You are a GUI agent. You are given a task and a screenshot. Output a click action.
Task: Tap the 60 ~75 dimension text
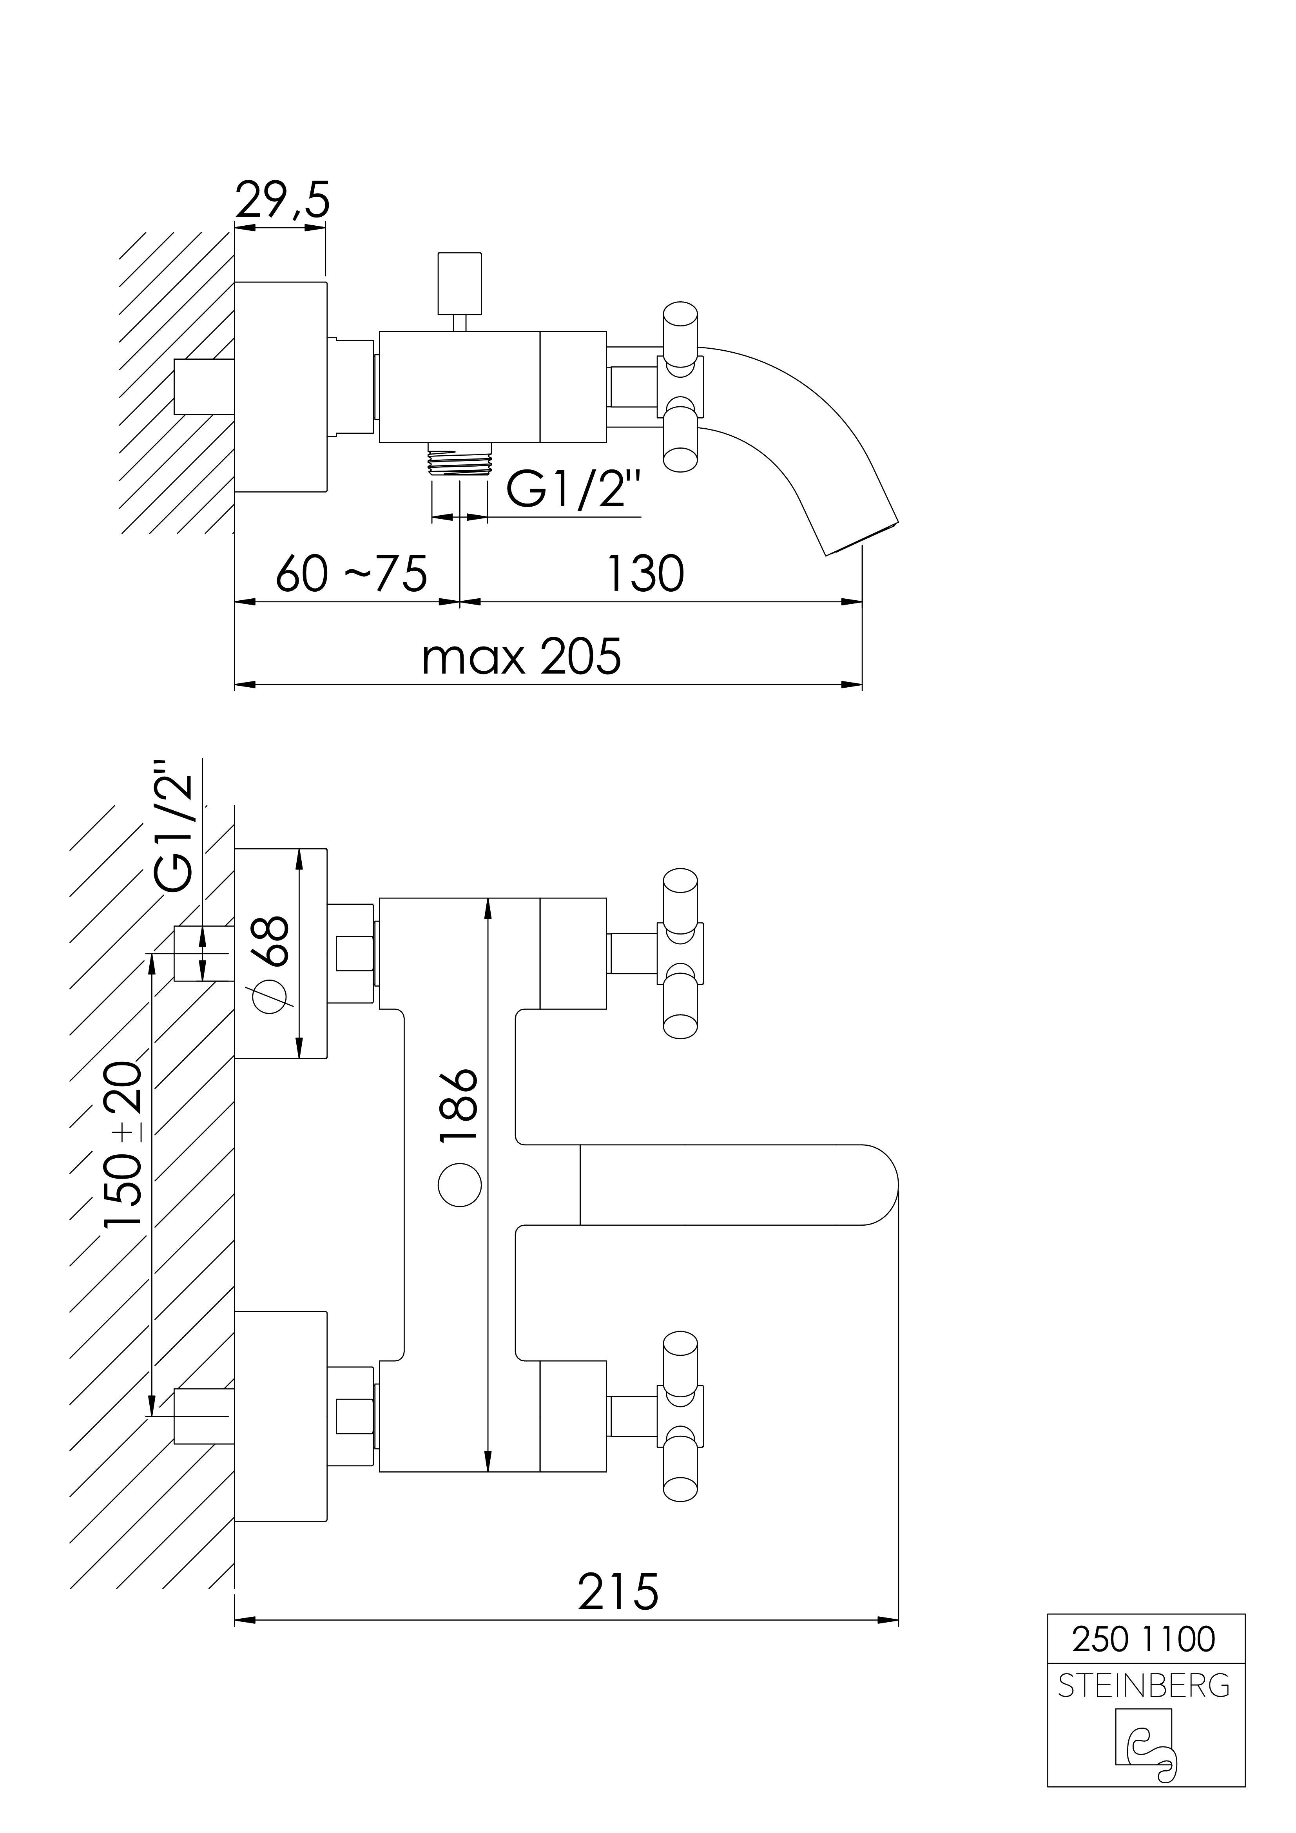click(x=352, y=572)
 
